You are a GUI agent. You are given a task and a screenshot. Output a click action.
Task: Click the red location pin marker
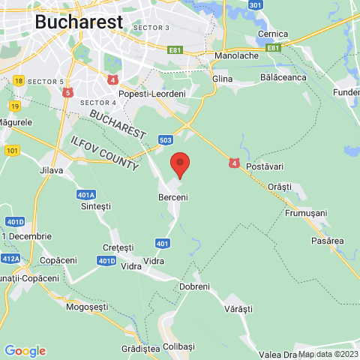coord(179,163)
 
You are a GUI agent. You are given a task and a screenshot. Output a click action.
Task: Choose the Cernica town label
coord(273,34)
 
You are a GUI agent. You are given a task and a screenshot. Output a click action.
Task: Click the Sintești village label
coord(95,205)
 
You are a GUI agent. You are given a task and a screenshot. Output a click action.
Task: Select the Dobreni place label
coord(196,286)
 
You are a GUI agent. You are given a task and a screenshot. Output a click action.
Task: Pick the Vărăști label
coord(240,308)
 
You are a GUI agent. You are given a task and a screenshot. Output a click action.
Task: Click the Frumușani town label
coord(306,213)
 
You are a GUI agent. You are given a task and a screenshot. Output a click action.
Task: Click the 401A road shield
coord(86,194)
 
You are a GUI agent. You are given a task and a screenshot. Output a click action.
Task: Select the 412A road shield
coord(10,259)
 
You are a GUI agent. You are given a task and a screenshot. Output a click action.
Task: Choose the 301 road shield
coord(256,5)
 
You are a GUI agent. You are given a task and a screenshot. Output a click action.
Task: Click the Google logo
coord(25,351)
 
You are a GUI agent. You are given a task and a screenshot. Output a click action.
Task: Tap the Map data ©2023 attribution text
coord(328,354)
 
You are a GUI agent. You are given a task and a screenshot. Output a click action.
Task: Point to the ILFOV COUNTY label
coord(100,152)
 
